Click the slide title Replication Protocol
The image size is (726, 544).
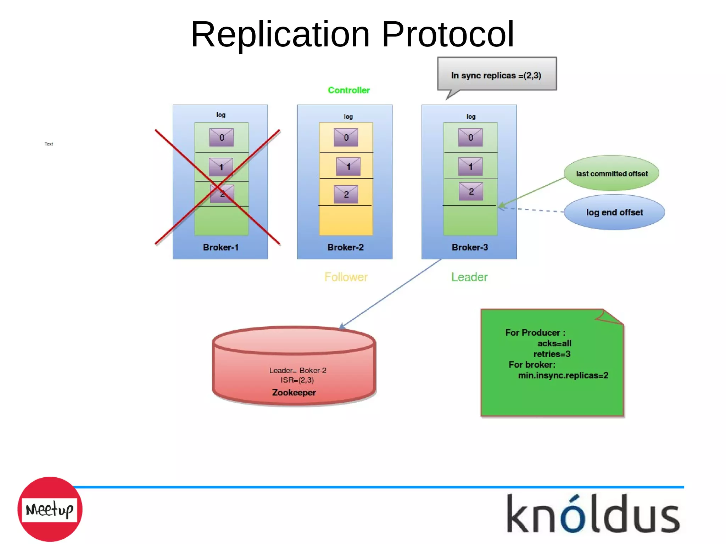[x=352, y=34]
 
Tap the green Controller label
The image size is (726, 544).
[x=349, y=90]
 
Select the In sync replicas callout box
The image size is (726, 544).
[x=496, y=75]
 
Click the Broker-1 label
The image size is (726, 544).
[x=220, y=247]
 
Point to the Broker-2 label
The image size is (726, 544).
[x=345, y=247]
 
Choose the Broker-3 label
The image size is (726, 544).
[x=470, y=247]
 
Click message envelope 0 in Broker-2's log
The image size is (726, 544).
[x=346, y=138]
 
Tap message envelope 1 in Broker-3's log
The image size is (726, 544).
[x=470, y=167]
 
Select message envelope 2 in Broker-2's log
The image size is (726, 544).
[x=346, y=194]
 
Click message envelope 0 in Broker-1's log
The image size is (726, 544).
[x=222, y=138]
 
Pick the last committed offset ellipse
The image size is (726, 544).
[x=611, y=173]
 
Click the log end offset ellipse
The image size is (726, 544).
[x=614, y=212]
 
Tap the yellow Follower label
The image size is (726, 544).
[x=346, y=277]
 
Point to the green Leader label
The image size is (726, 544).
[x=469, y=277]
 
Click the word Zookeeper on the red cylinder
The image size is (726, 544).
[x=294, y=393]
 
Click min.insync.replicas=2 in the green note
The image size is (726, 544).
[x=563, y=375]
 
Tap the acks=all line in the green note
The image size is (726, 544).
[x=554, y=343]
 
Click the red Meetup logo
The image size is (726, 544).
[x=50, y=509]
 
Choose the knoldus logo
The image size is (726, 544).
[x=593, y=514]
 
